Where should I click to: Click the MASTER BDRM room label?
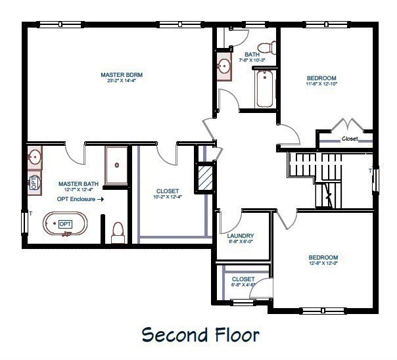[122, 75]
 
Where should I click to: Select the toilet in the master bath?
[118, 232]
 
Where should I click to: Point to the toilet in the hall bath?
[266, 47]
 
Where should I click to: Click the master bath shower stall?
[117, 165]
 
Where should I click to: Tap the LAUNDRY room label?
[240, 236]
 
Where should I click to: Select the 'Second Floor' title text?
[200, 335]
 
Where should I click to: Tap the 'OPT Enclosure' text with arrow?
[80, 199]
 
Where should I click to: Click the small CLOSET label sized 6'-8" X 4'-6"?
[243, 279]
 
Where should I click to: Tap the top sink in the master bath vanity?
[34, 158]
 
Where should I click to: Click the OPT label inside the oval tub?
[65, 224]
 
